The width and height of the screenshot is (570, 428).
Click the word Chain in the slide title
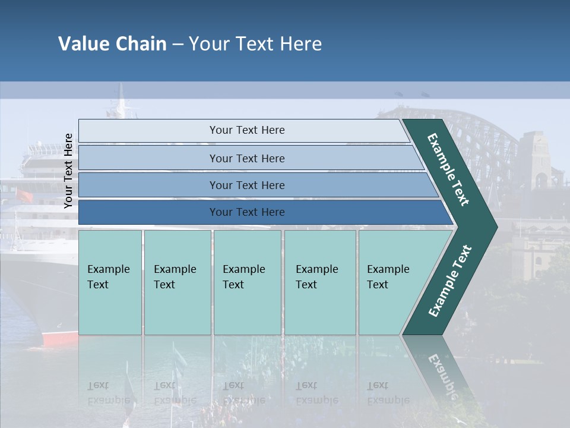pos(141,44)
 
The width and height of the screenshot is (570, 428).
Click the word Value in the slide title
pos(83,44)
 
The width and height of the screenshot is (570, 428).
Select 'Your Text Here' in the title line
pos(255,44)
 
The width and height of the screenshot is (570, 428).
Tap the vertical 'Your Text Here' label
pos(68,171)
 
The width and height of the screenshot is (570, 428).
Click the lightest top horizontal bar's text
pos(247,130)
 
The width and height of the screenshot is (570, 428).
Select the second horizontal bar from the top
pos(247,158)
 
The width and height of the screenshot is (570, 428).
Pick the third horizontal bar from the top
pos(247,185)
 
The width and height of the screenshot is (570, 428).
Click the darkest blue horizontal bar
pos(247,212)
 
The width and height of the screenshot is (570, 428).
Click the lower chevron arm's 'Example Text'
pos(450,281)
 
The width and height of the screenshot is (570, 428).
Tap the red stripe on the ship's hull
pos(59,339)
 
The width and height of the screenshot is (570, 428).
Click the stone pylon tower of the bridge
pos(539,160)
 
